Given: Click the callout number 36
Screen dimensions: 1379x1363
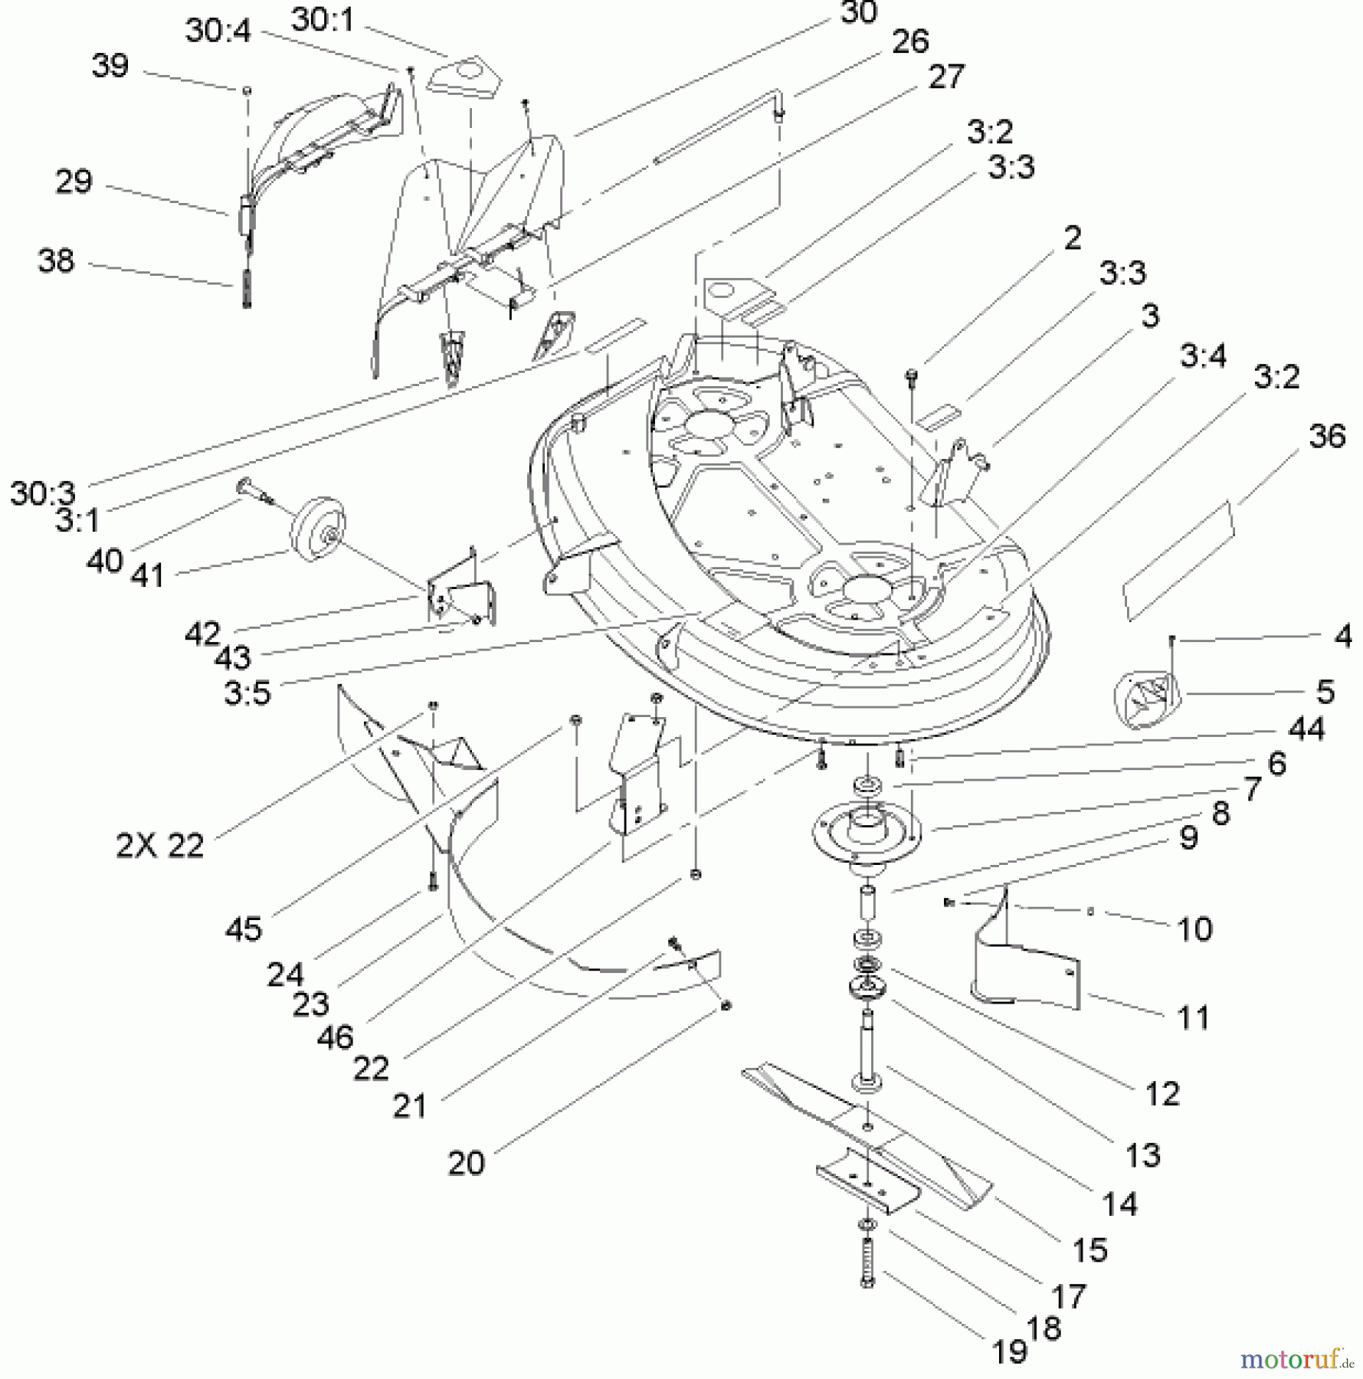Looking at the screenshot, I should [x=1327, y=437].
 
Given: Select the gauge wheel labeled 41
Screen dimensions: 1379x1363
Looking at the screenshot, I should [x=317, y=526].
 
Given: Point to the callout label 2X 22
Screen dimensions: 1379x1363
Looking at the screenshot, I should [x=160, y=846].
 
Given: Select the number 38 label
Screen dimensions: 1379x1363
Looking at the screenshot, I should [x=56, y=261].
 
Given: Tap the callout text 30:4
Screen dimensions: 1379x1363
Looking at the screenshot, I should [x=218, y=32].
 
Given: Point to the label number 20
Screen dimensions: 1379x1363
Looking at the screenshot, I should [x=466, y=1163].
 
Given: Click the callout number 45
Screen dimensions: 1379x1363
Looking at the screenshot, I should [x=244, y=929].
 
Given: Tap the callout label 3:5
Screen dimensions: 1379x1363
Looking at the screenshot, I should [x=247, y=693].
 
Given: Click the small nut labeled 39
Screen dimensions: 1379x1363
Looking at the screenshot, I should [x=247, y=90].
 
